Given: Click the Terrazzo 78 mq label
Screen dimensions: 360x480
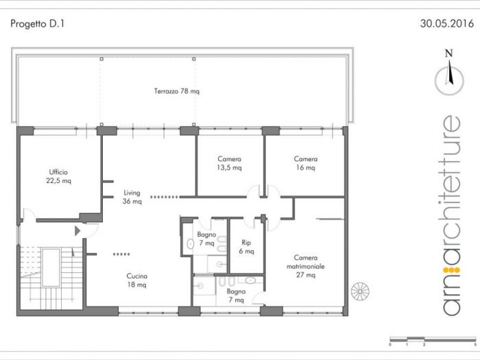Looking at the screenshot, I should click(176, 91).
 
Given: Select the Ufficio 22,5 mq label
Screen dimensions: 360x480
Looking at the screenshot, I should click(58, 176).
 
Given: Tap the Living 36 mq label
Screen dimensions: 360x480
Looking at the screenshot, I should click(132, 197).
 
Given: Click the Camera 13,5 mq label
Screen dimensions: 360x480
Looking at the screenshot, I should click(229, 163).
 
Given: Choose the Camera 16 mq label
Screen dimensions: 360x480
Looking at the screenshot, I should click(305, 163).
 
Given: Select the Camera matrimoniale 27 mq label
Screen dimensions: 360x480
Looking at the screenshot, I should click(306, 266).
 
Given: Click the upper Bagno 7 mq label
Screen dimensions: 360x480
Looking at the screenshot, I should click(206, 239).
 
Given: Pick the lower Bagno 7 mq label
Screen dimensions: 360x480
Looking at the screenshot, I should click(235, 296).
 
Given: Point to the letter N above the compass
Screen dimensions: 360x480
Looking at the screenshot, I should click(449, 53).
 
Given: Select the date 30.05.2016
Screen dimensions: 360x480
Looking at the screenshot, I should click(446, 23).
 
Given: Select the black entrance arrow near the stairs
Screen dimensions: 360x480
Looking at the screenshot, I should click(78, 231).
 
